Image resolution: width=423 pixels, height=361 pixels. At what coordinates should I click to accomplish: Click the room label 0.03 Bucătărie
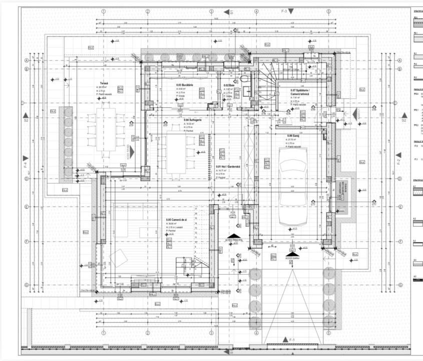(x=185, y=85)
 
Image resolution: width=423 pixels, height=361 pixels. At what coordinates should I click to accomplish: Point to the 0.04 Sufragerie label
(x=193, y=120)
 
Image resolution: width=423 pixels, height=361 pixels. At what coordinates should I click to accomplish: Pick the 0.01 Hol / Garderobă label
(x=226, y=166)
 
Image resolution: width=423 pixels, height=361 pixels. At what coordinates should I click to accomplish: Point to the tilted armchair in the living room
(x=118, y=258)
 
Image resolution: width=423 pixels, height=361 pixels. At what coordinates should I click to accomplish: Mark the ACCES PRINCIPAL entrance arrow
(x=234, y=235)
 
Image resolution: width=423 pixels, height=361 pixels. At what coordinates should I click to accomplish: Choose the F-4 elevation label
(x=26, y=161)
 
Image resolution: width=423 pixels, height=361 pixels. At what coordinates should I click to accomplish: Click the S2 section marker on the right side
(x=403, y=120)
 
